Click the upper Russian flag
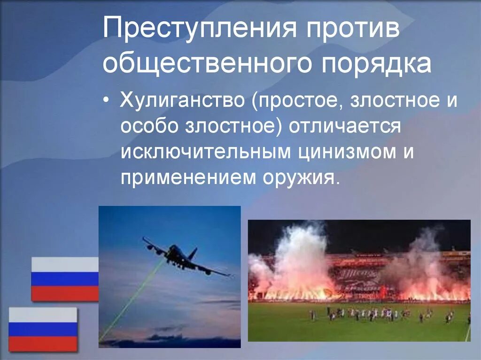[x=64, y=279]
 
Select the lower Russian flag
[x=43, y=329]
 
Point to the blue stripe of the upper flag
[x=64, y=279]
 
